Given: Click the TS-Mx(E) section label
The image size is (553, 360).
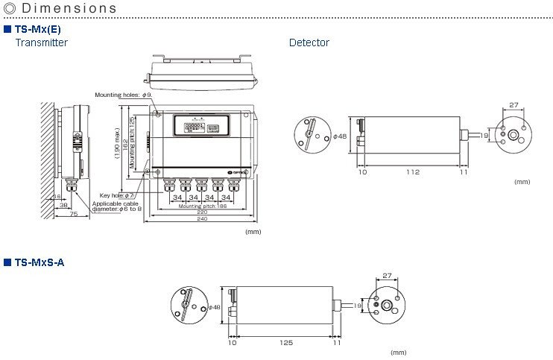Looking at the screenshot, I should point(38,29).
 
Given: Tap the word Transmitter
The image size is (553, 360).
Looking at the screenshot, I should point(42,43).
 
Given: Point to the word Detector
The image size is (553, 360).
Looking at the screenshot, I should point(309,43).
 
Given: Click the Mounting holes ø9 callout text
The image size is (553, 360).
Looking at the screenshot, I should point(123,95).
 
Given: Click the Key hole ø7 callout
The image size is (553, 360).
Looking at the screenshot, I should point(117,195).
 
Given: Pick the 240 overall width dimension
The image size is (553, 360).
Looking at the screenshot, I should point(201,220).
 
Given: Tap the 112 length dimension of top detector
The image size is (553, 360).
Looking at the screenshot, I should point(412,172).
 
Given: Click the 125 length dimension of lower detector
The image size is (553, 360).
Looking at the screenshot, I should point(286,343).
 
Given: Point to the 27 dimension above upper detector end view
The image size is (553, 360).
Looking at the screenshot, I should point(514,105).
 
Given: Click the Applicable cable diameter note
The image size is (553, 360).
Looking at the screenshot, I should point(116,206).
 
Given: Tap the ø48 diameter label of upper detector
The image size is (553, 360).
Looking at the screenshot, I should point(341,136).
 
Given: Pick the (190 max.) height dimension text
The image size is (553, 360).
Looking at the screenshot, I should point(117,142).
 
